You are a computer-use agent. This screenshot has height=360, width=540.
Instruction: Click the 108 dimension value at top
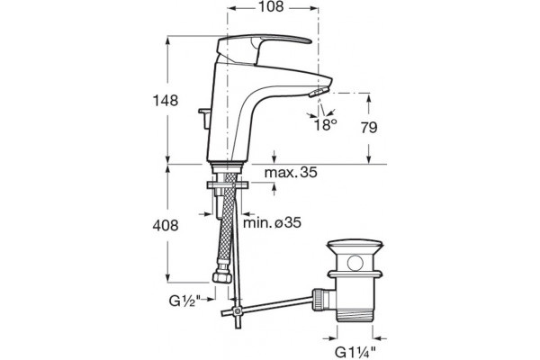271,7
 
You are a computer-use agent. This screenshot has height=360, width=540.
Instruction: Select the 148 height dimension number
166,101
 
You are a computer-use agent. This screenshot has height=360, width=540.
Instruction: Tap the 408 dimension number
166,226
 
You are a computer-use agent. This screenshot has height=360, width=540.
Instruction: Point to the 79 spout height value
369,128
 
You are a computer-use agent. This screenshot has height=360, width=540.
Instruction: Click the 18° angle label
325,124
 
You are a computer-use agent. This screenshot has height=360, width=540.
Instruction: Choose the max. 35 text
291,172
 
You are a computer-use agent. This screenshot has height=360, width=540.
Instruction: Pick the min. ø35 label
272,223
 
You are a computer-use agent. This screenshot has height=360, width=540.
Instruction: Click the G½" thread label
184,301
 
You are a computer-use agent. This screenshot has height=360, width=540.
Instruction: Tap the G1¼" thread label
355,353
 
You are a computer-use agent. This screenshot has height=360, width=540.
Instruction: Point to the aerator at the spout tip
319,92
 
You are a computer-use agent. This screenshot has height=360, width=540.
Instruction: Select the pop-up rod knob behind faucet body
204,118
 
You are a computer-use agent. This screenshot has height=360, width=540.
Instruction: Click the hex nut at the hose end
222,277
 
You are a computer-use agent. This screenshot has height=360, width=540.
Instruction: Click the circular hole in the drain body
355,263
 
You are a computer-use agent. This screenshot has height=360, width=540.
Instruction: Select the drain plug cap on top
355,248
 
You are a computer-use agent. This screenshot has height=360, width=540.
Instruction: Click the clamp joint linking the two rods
237,311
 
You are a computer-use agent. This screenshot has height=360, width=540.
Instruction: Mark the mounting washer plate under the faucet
228,185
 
